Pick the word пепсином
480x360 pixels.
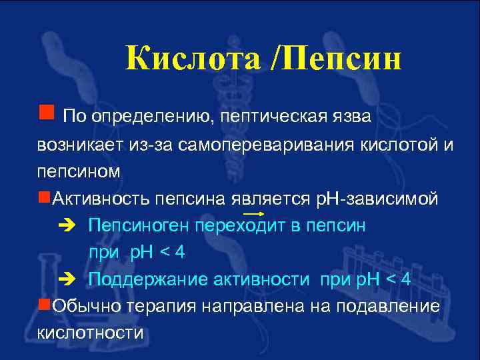[x=79, y=171]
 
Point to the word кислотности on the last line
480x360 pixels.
[x=90, y=333]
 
